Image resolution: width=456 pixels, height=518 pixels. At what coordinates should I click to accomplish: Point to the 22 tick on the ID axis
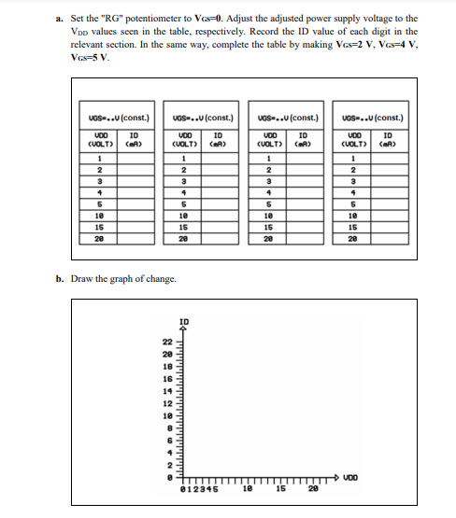click(168, 342)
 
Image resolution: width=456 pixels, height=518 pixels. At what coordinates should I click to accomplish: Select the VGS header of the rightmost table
click(374, 118)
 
